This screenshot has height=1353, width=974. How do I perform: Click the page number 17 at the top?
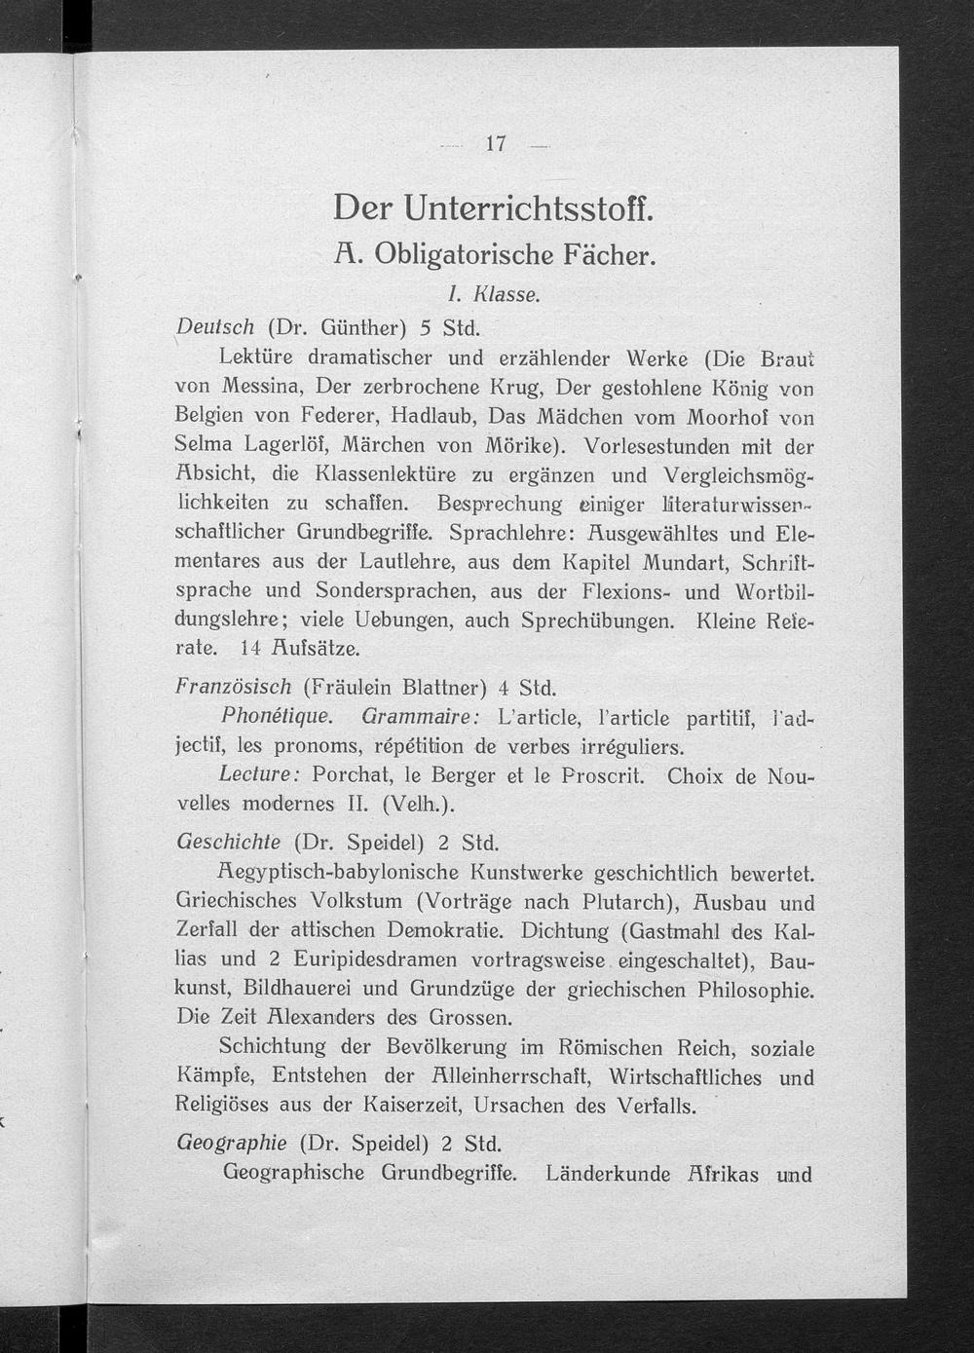pos(496,144)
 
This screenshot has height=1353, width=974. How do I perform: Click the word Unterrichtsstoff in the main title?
pos(528,207)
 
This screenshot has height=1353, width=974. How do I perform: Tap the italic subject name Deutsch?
pos(215,326)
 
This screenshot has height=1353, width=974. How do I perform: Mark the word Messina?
pos(264,387)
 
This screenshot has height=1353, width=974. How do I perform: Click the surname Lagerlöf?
pos(281,445)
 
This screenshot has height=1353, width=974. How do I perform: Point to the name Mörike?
pos(520,445)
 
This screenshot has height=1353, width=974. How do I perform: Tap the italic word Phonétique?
pos(277,717)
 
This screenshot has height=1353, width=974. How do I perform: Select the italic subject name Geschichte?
pos(228,842)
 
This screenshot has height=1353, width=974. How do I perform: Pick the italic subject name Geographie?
pos(231,1142)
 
